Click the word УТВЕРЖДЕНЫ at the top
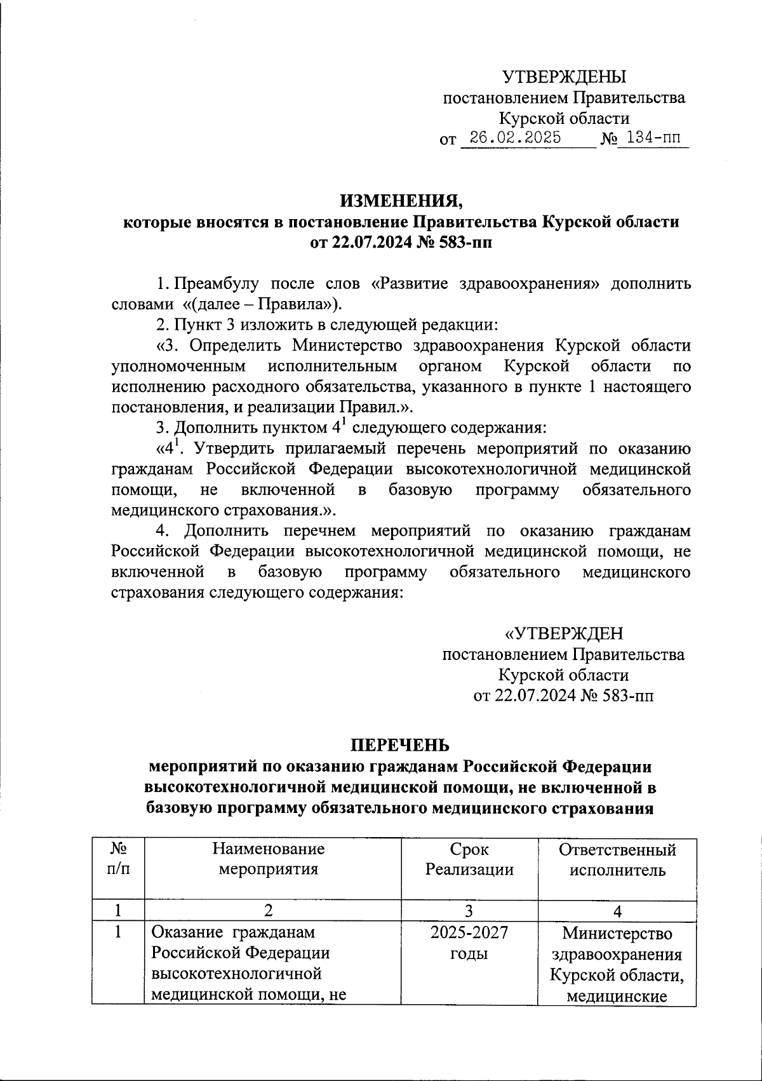(564, 77)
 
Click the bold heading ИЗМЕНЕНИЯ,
(401, 201)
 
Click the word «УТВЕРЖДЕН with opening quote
(563, 634)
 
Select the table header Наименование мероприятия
(268, 859)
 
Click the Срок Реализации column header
(469, 859)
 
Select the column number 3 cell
(469, 911)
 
